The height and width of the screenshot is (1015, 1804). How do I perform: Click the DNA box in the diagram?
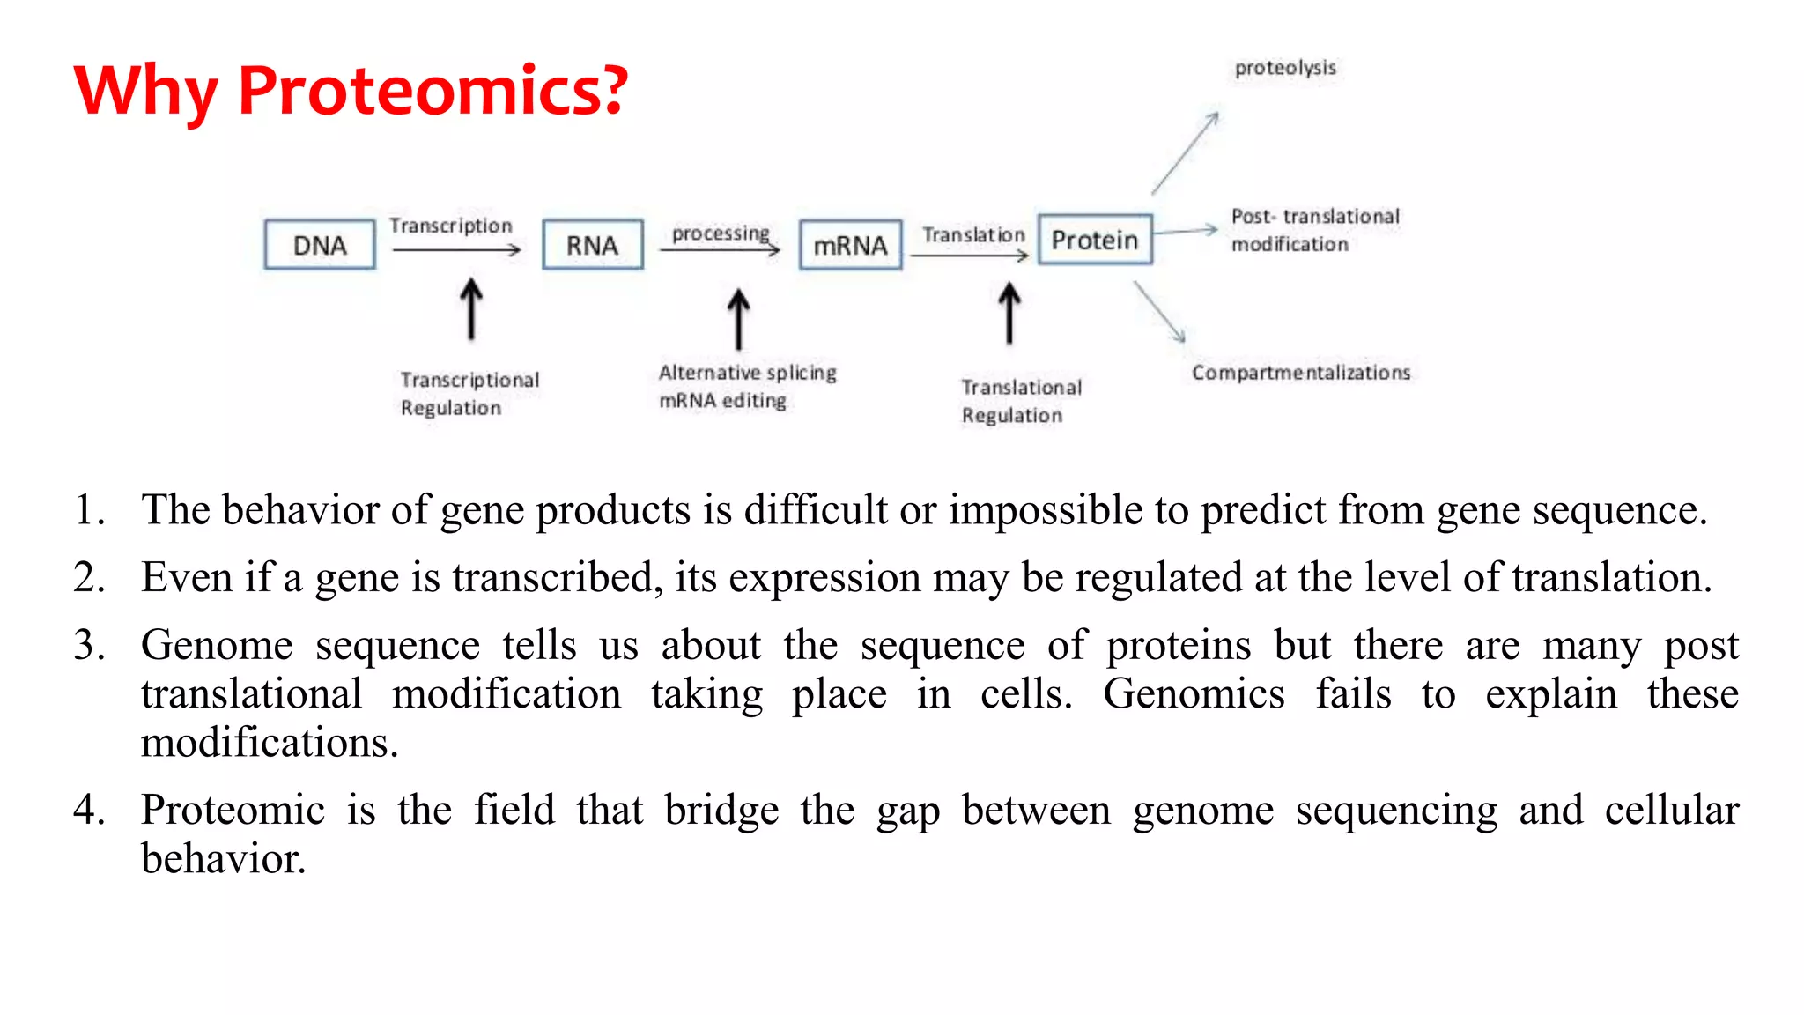(x=320, y=245)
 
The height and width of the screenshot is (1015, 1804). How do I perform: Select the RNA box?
(x=592, y=245)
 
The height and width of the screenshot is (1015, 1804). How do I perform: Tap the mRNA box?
(x=850, y=245)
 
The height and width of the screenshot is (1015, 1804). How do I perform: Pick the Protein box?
(x=1095, y=240)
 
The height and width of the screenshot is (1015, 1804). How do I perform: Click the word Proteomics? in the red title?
(x=433, y=91)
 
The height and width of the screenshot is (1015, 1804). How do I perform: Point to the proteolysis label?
(x=1285, y=68)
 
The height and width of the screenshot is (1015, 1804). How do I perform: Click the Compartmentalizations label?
(x=1301, y=373)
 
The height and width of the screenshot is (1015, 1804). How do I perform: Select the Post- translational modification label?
(x=1314, y=230)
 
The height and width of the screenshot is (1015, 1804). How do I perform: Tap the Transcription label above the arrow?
(x=451, y=226)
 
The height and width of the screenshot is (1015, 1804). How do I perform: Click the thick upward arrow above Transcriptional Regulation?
(x=471, y=310)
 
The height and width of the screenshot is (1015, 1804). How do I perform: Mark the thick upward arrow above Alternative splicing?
(x=738, y=319)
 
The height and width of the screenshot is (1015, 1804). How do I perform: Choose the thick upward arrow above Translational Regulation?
(x=1009, y=314)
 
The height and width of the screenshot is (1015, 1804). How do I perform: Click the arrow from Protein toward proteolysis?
(x=1185, y=153)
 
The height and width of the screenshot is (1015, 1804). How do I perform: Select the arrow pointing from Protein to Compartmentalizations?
(x=1159, y=312)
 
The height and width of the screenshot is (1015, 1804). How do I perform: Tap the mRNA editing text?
(x=722, y=401)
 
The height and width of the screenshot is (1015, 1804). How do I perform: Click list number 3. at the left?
(x=90, y=645)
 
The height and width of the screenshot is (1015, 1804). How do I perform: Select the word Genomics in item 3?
(x=1194, y=694)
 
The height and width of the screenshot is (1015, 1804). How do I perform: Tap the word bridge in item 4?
(x=721, y=811)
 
